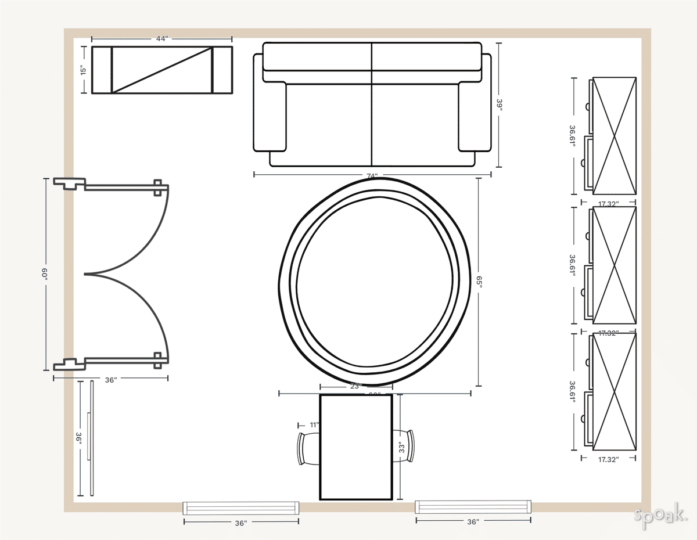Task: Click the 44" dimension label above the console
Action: coord(162,38)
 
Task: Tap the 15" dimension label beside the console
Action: coord(84,70)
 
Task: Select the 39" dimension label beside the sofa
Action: coord(499,105)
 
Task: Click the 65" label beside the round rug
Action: coord(479,282)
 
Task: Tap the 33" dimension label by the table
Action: coord(400,447)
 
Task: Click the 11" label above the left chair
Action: coord(314,425)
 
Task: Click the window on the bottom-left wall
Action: coord(241,507)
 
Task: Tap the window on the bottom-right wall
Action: coord(473,506)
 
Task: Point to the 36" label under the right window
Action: coord(473,522)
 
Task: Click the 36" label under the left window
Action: coord(241,523)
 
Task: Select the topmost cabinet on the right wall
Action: coord(613,136)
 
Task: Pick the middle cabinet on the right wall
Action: coord(613,265)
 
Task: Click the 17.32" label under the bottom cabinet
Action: coord(608,459)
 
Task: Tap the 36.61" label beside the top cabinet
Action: coord(573,136)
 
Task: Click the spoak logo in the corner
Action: coord(660,516)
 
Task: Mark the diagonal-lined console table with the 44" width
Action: coord(162,70)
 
